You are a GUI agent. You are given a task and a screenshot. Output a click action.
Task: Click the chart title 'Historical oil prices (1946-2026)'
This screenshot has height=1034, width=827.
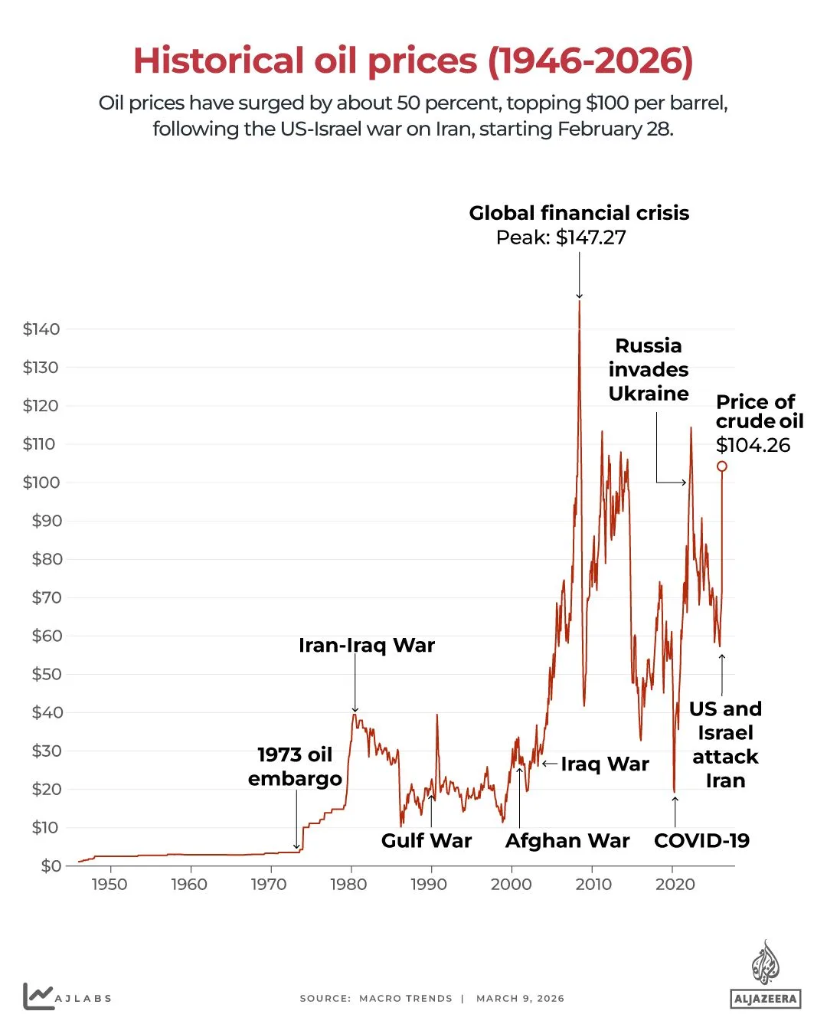(413, 61)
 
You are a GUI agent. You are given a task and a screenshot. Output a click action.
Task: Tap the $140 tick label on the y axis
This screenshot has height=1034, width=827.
(41, 329)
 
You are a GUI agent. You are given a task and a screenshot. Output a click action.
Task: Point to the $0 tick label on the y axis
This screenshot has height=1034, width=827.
(51, 866)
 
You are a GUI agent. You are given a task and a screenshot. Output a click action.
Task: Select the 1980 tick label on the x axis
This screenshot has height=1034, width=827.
(348, 885)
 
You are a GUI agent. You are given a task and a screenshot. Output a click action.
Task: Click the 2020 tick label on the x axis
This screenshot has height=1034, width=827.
(675, 885)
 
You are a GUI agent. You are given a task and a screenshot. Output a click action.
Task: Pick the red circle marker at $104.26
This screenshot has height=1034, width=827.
(721, 466)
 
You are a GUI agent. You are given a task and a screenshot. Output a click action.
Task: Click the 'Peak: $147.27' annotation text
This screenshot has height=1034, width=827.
(561, 237)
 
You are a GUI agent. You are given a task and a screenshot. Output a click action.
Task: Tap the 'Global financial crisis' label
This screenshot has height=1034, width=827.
(579, 213)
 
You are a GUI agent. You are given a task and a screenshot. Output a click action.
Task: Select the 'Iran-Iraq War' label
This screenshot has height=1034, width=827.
(367, 646)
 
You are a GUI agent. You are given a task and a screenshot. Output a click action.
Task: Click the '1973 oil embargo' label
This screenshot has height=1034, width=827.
(295, 767)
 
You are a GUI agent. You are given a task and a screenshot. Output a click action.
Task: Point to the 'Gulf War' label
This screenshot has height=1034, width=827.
(427, 841)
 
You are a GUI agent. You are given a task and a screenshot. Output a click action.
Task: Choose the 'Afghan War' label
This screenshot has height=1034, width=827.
(567, 841)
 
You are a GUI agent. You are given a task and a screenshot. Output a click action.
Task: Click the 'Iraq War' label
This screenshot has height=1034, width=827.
(604, 764)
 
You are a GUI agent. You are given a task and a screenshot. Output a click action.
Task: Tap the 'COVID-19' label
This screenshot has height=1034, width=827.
(701, 841)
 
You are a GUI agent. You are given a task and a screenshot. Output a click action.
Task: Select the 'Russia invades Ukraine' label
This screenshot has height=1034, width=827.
(649, 369)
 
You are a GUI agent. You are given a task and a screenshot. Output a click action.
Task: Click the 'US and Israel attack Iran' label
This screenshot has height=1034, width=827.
(725, 744)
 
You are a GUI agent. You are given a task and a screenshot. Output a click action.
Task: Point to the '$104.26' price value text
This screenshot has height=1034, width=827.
(753, 446)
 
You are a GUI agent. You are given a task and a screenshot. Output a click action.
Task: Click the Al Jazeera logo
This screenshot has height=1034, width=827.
(765, 974)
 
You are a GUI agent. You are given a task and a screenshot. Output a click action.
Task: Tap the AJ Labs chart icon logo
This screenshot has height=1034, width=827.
(38, 996)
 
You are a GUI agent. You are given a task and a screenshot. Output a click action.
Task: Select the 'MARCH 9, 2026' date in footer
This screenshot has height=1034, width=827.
(520, 999)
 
